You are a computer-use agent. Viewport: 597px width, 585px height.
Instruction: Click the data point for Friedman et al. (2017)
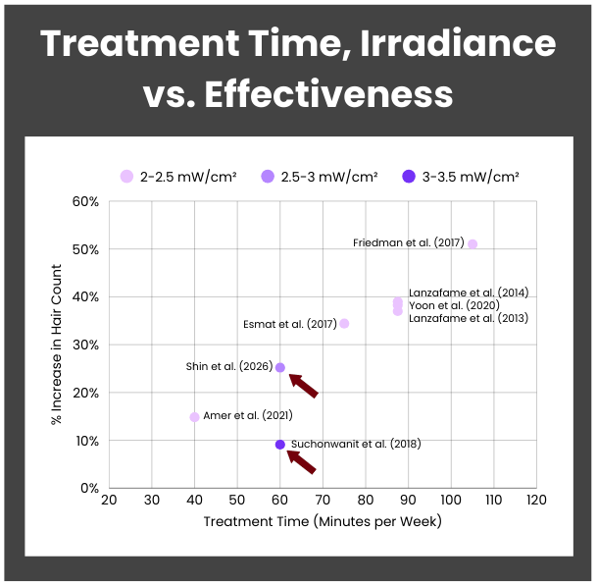[473, 243]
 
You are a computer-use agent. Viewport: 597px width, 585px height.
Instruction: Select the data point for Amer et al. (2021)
[194, 417]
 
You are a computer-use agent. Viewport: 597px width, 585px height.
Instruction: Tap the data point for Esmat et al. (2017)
[344, 323]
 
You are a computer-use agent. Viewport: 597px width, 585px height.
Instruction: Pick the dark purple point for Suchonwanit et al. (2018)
[280, 445]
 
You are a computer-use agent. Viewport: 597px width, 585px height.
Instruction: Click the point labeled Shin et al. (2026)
[280, 367]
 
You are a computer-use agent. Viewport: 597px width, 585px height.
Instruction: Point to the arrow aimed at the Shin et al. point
[303, 385]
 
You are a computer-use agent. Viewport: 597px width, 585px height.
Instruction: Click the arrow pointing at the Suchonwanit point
[302, 460]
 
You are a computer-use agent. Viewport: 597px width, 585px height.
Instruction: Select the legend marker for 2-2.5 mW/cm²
[126, 177]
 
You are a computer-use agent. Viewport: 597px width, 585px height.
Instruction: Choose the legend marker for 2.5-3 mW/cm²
[267, 177]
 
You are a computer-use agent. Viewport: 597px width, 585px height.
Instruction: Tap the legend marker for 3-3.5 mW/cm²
[408, 177]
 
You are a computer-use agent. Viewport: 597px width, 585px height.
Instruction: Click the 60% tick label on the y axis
[85, 202]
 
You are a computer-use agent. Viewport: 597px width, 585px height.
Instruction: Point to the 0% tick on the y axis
[89, 488]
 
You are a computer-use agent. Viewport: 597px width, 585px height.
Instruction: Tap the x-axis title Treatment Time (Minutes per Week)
[323, 521]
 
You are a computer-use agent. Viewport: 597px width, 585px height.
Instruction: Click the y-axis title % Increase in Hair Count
[58, 345]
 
